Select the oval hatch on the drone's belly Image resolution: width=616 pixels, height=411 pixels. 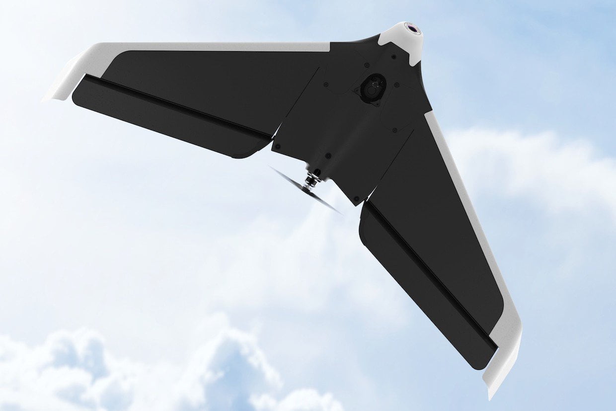[x=373, y=88]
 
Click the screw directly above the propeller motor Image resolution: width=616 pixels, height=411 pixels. [x=327, y=156]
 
